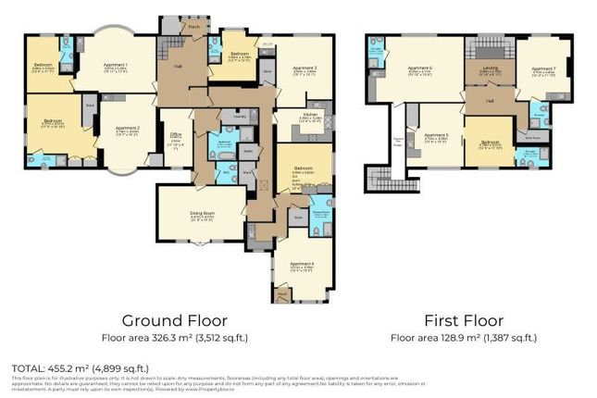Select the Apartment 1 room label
115,65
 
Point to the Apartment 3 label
305,68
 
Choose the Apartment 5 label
436,136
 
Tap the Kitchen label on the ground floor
310,114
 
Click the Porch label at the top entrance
193,27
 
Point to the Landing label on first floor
491,68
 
